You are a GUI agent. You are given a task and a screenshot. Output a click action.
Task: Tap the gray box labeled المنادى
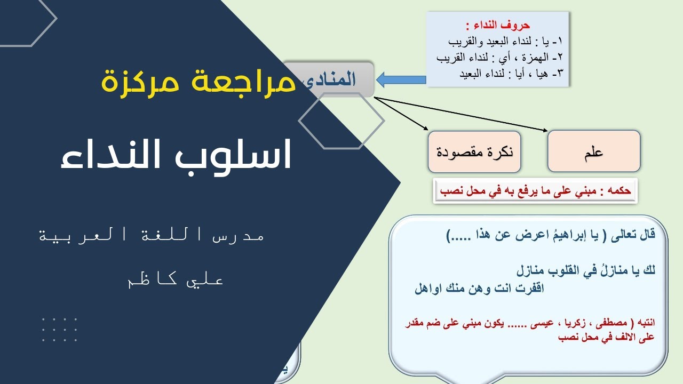pyautogui.click(x=336, y=79)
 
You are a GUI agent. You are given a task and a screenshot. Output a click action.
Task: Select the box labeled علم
pyautogui.click(x=593, y=151)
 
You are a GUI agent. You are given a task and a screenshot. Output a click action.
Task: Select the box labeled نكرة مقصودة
pyautogui.click(x=474, y=152)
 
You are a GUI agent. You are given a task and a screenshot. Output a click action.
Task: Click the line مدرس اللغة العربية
pyautogui.click(x=152, y=236)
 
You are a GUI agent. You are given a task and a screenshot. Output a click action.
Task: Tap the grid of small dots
pyautogui.click(x=59, y=329)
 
